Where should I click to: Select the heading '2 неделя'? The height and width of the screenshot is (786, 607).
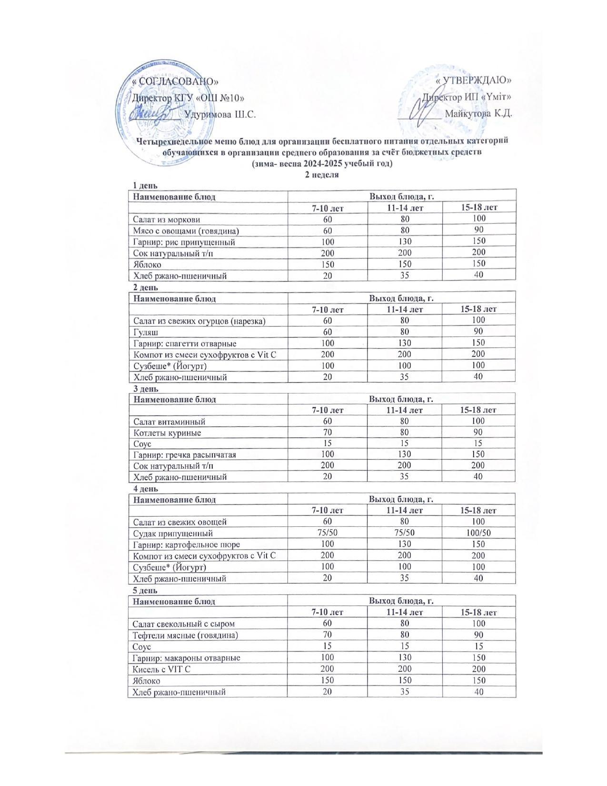point(322,174)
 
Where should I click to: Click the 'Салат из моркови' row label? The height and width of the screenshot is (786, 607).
point(167,219)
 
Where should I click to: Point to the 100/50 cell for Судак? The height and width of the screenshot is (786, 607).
point(479,533)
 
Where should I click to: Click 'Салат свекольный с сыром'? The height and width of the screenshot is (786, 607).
point(184,624)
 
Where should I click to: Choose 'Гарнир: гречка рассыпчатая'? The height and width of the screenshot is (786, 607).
point(185,455)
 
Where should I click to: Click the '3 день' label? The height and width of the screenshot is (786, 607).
point(145,389)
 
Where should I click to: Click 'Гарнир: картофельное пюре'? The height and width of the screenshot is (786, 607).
point(187,544)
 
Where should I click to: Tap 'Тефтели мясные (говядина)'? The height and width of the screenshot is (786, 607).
point(185,635)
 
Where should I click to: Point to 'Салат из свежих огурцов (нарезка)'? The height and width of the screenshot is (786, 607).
point(199,321)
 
